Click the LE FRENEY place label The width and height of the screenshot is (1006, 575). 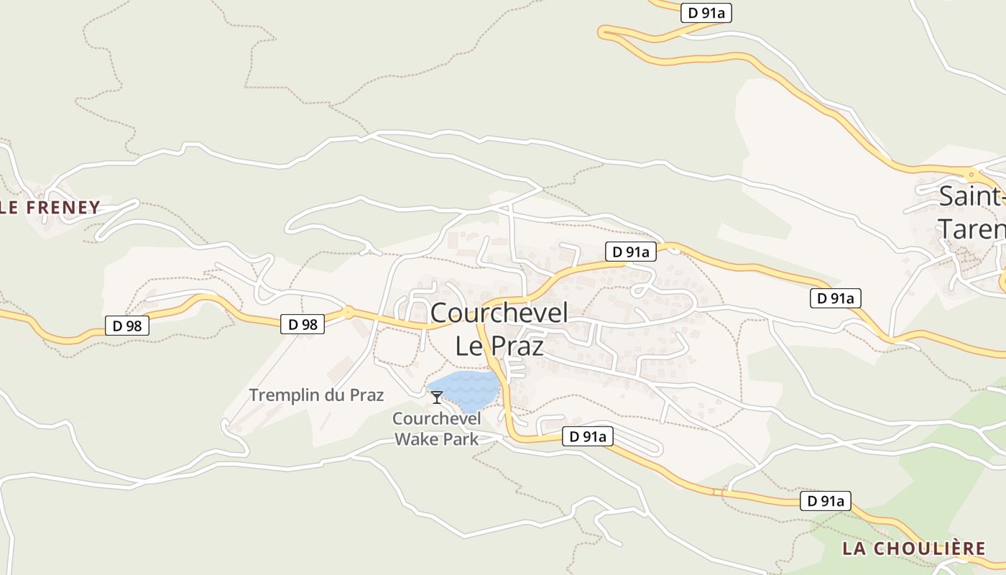click(x=50, y=208)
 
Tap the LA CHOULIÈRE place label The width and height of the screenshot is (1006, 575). click(x=914, y=548)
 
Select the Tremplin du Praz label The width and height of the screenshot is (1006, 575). click(x=316, y=395)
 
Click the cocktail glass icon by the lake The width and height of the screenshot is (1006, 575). click(x=436, y=397)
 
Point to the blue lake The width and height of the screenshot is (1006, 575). click(x=469, y=388)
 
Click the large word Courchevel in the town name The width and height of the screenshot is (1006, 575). click(x=499, y=313)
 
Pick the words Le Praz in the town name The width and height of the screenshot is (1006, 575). click(x=499, y=346)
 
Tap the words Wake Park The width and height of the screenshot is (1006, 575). click(x=437, y=439)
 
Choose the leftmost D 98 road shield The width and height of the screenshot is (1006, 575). click(x=127, y=326)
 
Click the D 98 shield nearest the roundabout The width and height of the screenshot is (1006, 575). click(x=303, y=324)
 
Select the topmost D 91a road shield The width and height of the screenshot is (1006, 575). click(x=705, y=12)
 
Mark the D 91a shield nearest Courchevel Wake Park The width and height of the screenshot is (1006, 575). click(x=587, y=436)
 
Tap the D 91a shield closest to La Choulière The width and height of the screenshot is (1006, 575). click(x=826, y=501)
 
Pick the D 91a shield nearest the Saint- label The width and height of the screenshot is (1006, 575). click(x=835, y=298)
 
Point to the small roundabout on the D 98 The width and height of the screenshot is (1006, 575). click(x=348, y=312)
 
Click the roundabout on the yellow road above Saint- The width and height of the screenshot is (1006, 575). click(x=972, y=173)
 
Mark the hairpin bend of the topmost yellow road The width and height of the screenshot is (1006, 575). click(x=604, y=31)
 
